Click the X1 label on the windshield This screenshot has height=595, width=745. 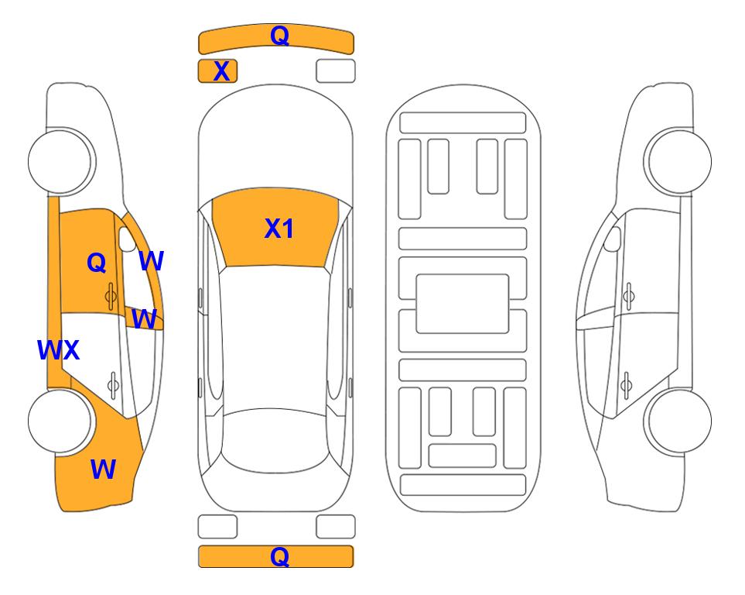click(279, 229)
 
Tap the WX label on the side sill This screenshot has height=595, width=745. click(58, 350)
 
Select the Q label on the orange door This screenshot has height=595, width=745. click(97, 263)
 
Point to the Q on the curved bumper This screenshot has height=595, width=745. click(279, 35)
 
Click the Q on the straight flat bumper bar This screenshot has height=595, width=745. click(279, 556)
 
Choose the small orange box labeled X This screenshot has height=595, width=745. click(217, 71)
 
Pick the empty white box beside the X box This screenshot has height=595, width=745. click(336, 71)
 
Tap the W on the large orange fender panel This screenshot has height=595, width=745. click(103, 469)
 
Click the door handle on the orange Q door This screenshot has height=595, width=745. click(111, 297)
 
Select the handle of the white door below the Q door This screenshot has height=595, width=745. click(113, 384)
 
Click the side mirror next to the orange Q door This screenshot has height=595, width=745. click(127, 239)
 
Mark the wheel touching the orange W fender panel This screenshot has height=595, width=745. click(60, 421)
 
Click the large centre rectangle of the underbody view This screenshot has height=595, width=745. click(463, 304)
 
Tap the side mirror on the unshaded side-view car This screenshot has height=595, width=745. click(612, 239)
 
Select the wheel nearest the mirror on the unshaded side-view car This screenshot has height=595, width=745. click(679, 161)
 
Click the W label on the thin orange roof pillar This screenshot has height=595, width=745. click(151, 261)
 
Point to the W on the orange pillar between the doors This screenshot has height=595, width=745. click(144, 318)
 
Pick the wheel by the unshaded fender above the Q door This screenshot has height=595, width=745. click(60, 161)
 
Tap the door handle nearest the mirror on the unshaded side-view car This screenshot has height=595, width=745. click(628, 296)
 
